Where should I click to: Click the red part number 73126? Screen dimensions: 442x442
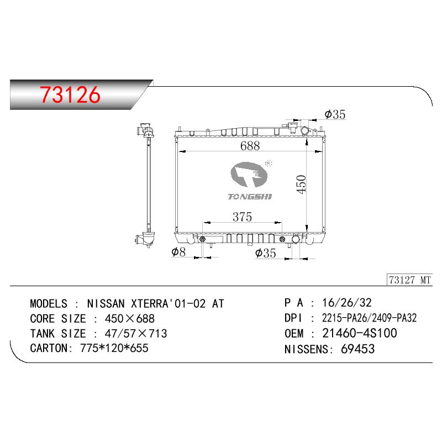click(x=70, y=94)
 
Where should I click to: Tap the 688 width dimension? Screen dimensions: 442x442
click(x=250, y=146)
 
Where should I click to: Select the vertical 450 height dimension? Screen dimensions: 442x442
click(x=301, y=185)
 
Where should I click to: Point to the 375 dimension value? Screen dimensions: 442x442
click(x=242, y=217)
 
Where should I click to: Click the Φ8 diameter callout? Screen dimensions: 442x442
click(x=178, y=252)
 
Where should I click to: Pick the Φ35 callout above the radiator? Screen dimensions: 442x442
click(x=335, y=114)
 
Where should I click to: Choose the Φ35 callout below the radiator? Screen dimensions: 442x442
click(x=265, y=253)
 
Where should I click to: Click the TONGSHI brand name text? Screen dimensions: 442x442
click(x=250, y=197)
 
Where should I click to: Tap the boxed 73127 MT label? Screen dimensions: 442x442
click(x=410, y=280)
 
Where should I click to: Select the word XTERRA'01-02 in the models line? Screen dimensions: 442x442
click(x=169, y=303)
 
